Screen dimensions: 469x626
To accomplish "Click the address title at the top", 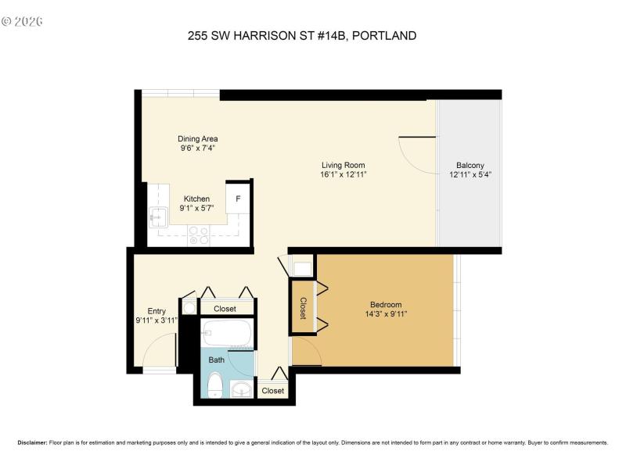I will tap(301, 35).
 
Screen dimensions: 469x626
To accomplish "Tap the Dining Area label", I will tap(197, 138).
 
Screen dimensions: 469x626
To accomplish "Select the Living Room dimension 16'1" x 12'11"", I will tap(344, 175).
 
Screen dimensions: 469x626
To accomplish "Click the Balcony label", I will tap(470, 165).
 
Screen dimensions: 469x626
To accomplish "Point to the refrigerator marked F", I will tap(237, 199).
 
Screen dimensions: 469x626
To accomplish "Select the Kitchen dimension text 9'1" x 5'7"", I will tap(196, 209).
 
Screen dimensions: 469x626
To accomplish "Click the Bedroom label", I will tap(386, 304).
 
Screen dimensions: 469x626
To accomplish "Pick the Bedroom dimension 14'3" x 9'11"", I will tap(386, 314).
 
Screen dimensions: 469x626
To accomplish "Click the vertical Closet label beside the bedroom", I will tap(303, 307).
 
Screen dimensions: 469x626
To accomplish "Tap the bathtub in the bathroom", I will tap(226, 335).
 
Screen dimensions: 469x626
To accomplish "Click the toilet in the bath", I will tap(214, 385).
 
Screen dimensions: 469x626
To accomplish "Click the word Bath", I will tap(216, 360).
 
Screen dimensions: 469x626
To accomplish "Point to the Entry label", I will tap(156, 310).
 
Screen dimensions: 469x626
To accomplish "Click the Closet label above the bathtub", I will tap(225, 309).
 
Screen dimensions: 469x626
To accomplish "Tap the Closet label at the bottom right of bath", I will tap(273, 391).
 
